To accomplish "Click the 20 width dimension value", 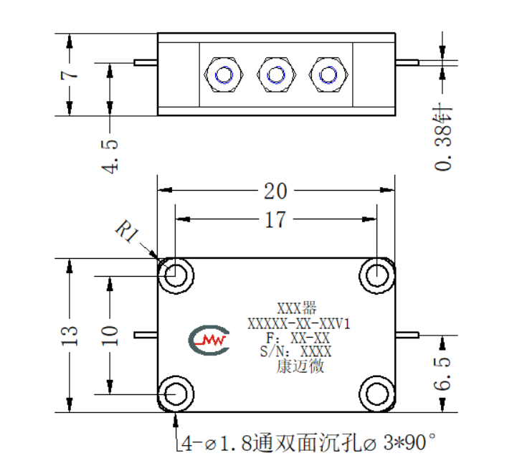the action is click(x=275, y=191).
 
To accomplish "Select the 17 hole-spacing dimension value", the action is click(x=275, y=220).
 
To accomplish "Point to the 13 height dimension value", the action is click(x=70, y=336).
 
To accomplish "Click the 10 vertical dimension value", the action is click(x=110, y=336).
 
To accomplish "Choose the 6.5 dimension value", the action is click(x=442, y=374).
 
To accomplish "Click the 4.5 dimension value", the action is click(x=110, y=156).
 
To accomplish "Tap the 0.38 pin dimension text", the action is click(x=443, y=138).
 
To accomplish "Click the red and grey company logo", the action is click(x=209, y=340).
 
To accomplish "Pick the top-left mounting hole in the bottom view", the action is click(x=176, y=275).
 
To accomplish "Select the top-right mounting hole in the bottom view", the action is click(x=377, y=275).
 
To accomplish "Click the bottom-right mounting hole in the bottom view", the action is click(x=377, y=394).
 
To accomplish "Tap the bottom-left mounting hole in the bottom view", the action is click(x=176, y=394).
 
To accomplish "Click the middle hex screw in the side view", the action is click(x=276, y=75).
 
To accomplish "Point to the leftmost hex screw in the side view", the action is click(x=224, y=75).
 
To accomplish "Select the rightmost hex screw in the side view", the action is click(x=328, y=75).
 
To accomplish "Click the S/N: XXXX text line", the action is click(x=295, y=351).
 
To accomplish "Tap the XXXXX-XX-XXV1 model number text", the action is click(x=299, y=323).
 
